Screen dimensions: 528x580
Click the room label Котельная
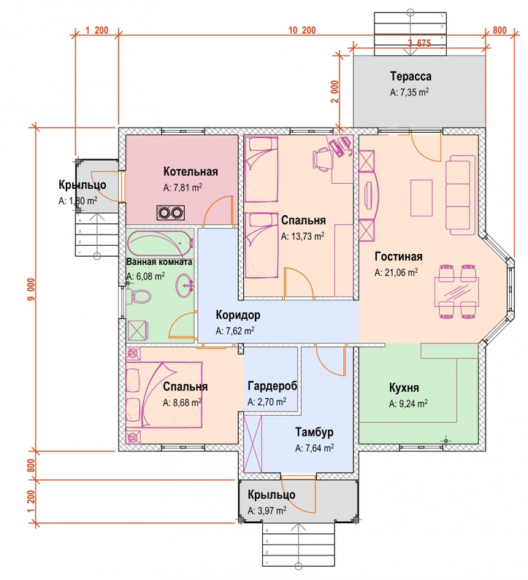[191, 171]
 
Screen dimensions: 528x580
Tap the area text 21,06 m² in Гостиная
[397, 272]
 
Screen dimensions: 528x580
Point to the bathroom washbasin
[185, 285]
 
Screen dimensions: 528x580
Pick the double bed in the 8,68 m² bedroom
[164, 395]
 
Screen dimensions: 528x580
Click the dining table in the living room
[456, 292]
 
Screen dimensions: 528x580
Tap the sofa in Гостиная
[460, 195]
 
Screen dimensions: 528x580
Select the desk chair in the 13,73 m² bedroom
[322, 158]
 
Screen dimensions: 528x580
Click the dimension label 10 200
[302, 30]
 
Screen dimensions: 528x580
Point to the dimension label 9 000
[31, 289]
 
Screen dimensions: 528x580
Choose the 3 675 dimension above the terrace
[419, 43]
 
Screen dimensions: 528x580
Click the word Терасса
[410, 76]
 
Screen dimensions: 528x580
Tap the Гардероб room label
[272, 386]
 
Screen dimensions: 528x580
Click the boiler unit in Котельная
[170, 212]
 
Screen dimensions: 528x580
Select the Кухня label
[404, 387]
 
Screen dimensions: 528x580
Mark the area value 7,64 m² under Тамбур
[315, 448]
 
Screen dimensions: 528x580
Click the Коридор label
[238, 314]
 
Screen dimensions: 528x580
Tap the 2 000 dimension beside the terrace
[334, 91]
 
